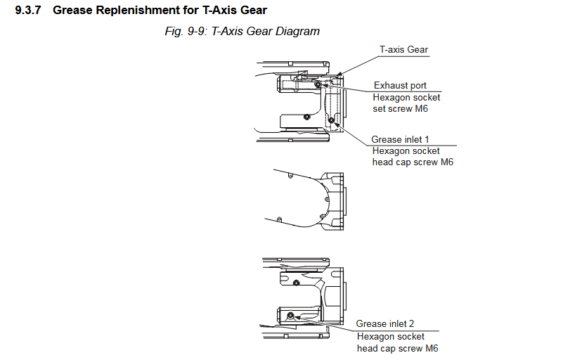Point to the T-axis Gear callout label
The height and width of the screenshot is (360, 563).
point(403,50)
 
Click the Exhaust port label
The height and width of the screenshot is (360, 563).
point(400,86)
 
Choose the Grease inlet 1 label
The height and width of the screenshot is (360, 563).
point(401,139)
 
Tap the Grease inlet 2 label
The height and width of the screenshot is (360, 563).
point(384,323)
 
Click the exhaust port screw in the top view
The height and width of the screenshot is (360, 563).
point(318,84)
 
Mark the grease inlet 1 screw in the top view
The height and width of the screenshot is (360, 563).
point(331,120)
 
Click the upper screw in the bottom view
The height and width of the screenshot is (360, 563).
point(297,283)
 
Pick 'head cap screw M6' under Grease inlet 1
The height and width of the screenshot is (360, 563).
point(413,162)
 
